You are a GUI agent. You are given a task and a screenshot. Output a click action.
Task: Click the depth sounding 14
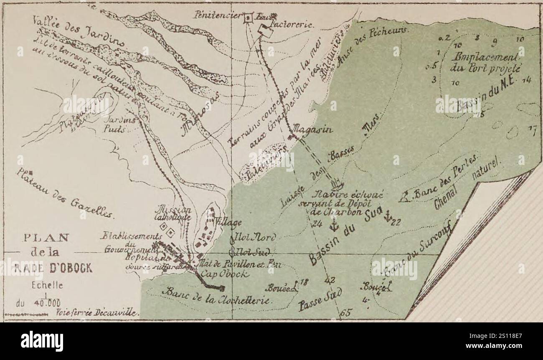click(526, 81)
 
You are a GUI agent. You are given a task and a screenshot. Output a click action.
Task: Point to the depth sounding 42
click(330, 280)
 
